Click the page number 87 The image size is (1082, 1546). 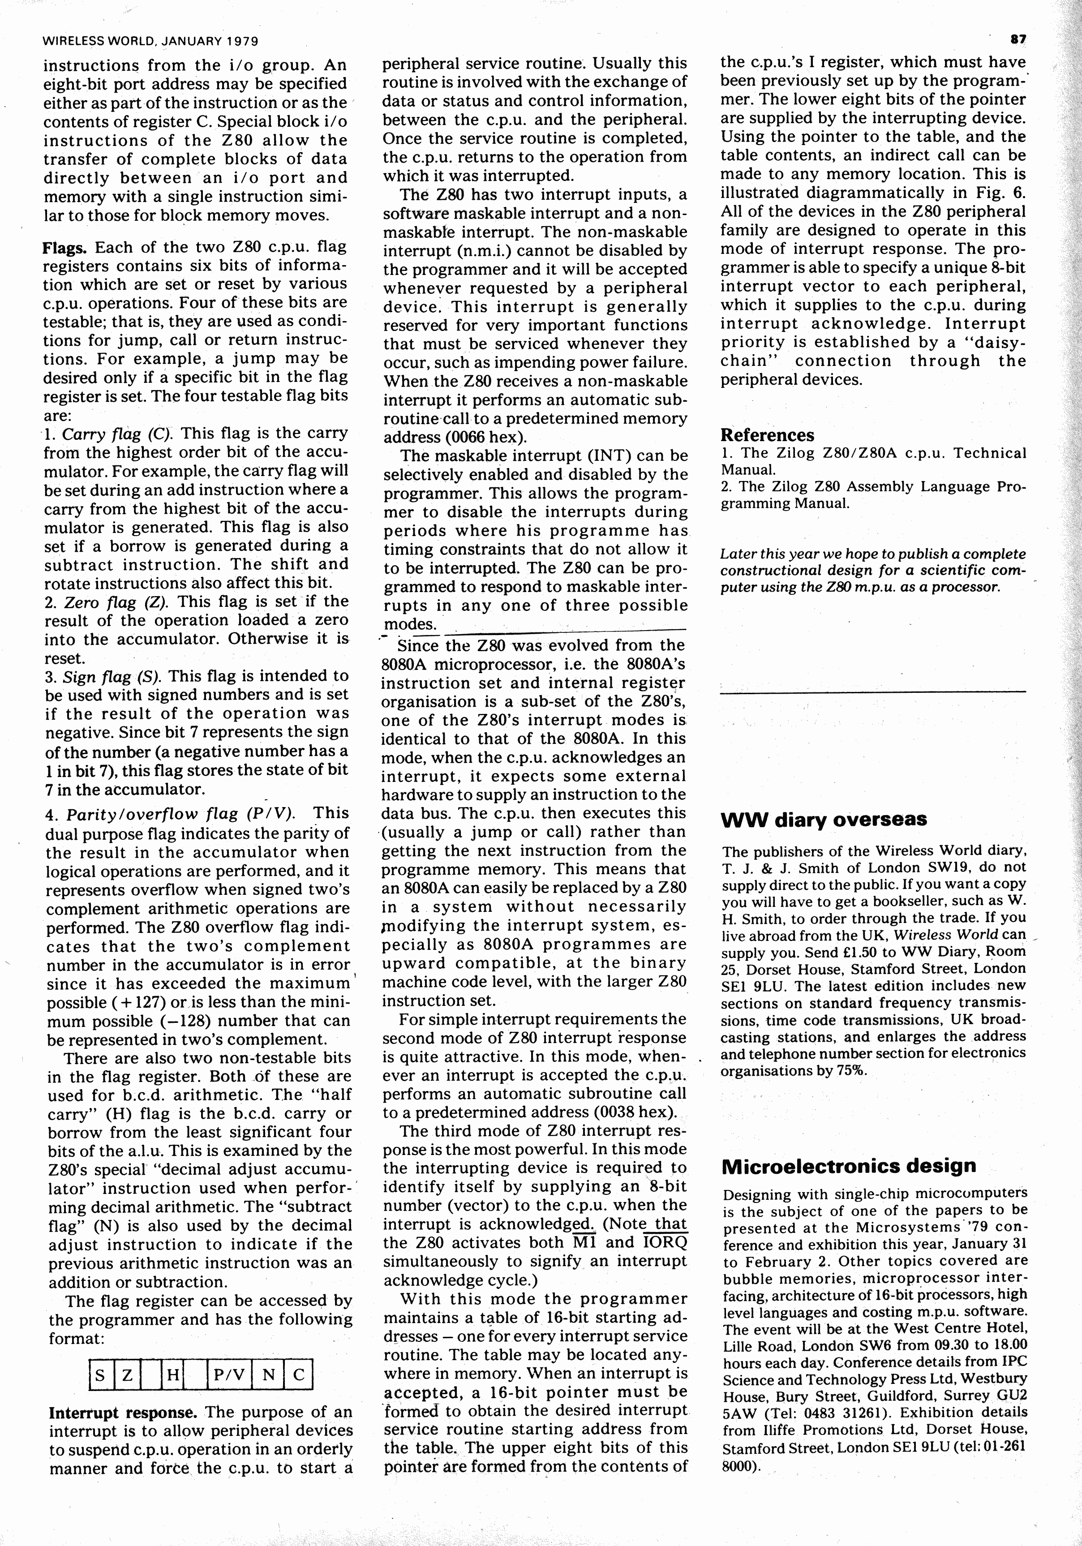click(1018, 40)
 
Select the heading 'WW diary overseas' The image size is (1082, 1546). click(824, 820)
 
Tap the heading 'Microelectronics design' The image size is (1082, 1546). click(848, 1166)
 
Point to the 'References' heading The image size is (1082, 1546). click(767, 435)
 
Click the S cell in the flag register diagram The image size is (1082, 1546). click(100, 1374)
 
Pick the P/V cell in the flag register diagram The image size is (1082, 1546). click(229, 1374)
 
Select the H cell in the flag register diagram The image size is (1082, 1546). click(172, 1374)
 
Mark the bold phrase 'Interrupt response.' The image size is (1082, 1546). click(123, 1412)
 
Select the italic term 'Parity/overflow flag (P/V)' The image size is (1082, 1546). click(180, 813)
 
